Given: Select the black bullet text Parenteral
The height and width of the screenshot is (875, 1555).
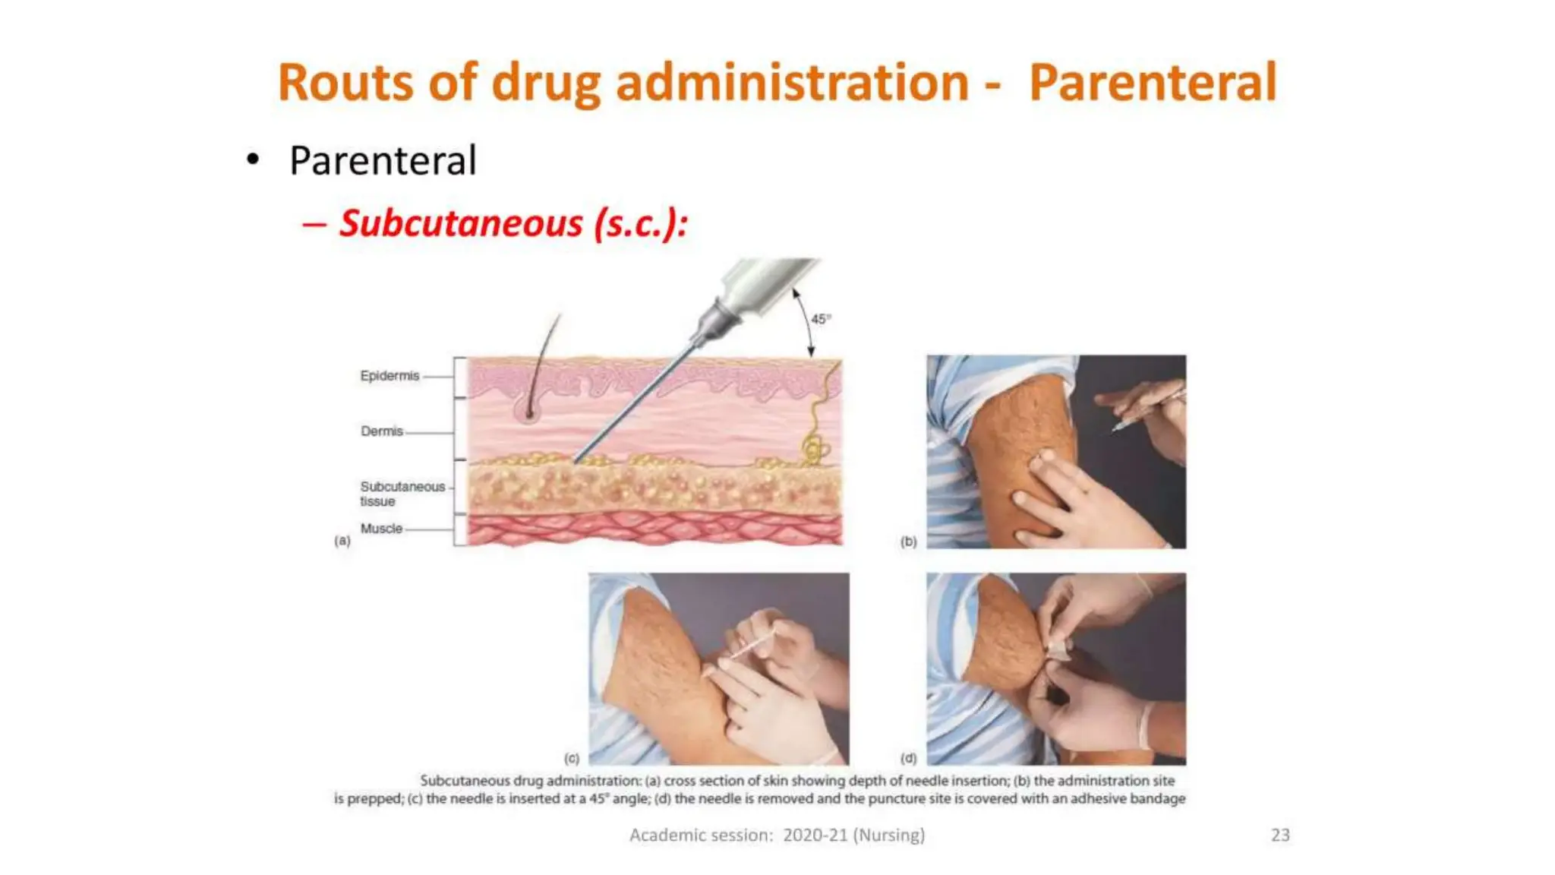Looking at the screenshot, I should pos(383,161).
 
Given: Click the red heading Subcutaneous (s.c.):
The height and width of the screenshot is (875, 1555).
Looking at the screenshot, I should pos(513,223).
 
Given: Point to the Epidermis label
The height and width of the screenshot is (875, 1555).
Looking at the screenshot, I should pos(390,376).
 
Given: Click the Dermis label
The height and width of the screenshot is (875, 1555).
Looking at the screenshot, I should pos(382,431).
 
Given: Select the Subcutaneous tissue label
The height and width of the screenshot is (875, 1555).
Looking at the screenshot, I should pos(402,494).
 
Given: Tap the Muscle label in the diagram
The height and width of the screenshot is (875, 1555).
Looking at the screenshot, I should pos(381,529).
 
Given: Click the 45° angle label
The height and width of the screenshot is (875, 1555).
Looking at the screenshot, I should pos(821,319).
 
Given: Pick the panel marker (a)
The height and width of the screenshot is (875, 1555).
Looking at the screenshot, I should pos(342,541).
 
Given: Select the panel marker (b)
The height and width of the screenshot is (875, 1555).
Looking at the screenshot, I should pos(908,542).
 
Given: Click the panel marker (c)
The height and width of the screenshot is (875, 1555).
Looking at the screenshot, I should pos(572,758).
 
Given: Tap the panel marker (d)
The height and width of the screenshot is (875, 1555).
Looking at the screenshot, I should pos(908,758).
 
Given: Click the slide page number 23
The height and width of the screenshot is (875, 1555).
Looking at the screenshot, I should pos(1280,835).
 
